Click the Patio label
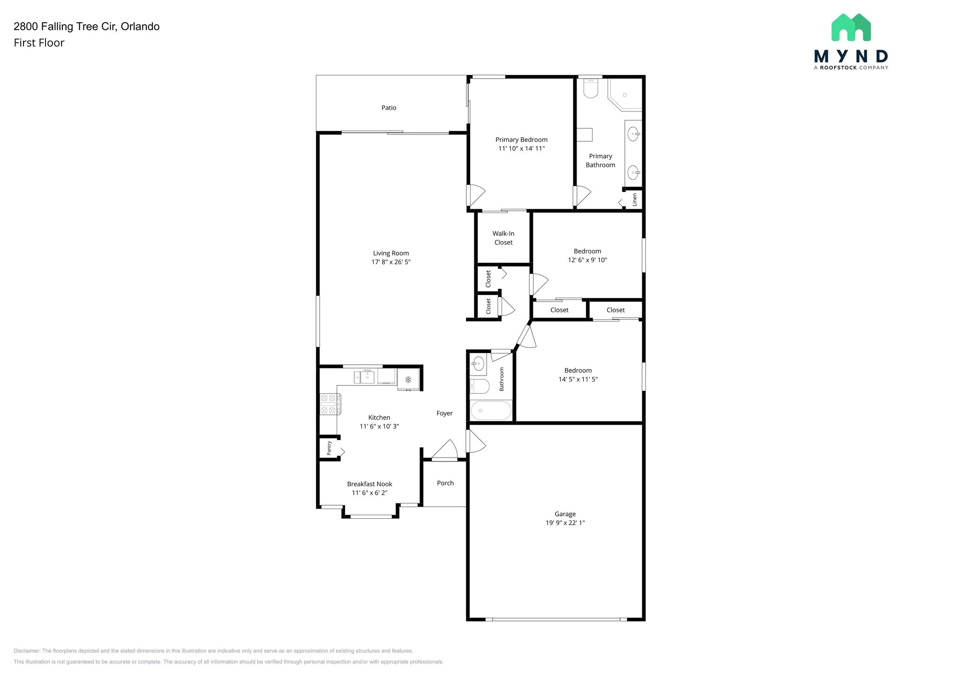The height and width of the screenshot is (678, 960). pos(389,108)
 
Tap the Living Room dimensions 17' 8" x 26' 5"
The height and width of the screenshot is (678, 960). pos(391,262)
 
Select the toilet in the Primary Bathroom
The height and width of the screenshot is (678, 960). pos(591,88)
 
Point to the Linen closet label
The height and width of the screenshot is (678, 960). pos(635,199)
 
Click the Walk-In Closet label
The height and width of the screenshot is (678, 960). pos(503,238)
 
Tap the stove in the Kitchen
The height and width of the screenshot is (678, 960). pos(330,404)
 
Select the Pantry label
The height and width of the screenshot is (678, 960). pos(329,448)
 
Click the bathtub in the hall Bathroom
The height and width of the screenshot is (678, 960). pos(491,411)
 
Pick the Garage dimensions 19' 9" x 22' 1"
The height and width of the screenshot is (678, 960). pos(565,523)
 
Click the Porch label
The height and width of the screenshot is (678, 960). pos(445,483)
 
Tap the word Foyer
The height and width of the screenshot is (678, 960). pos(444,413)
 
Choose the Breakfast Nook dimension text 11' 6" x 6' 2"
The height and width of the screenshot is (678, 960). pos(369,493)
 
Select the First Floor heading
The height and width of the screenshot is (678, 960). pos(39,43)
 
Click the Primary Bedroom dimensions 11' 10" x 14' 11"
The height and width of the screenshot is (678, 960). pos(521,148)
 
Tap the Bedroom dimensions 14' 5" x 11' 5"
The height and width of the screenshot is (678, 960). pos(578,379)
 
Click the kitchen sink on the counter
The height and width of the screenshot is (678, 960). pos(365,376)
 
